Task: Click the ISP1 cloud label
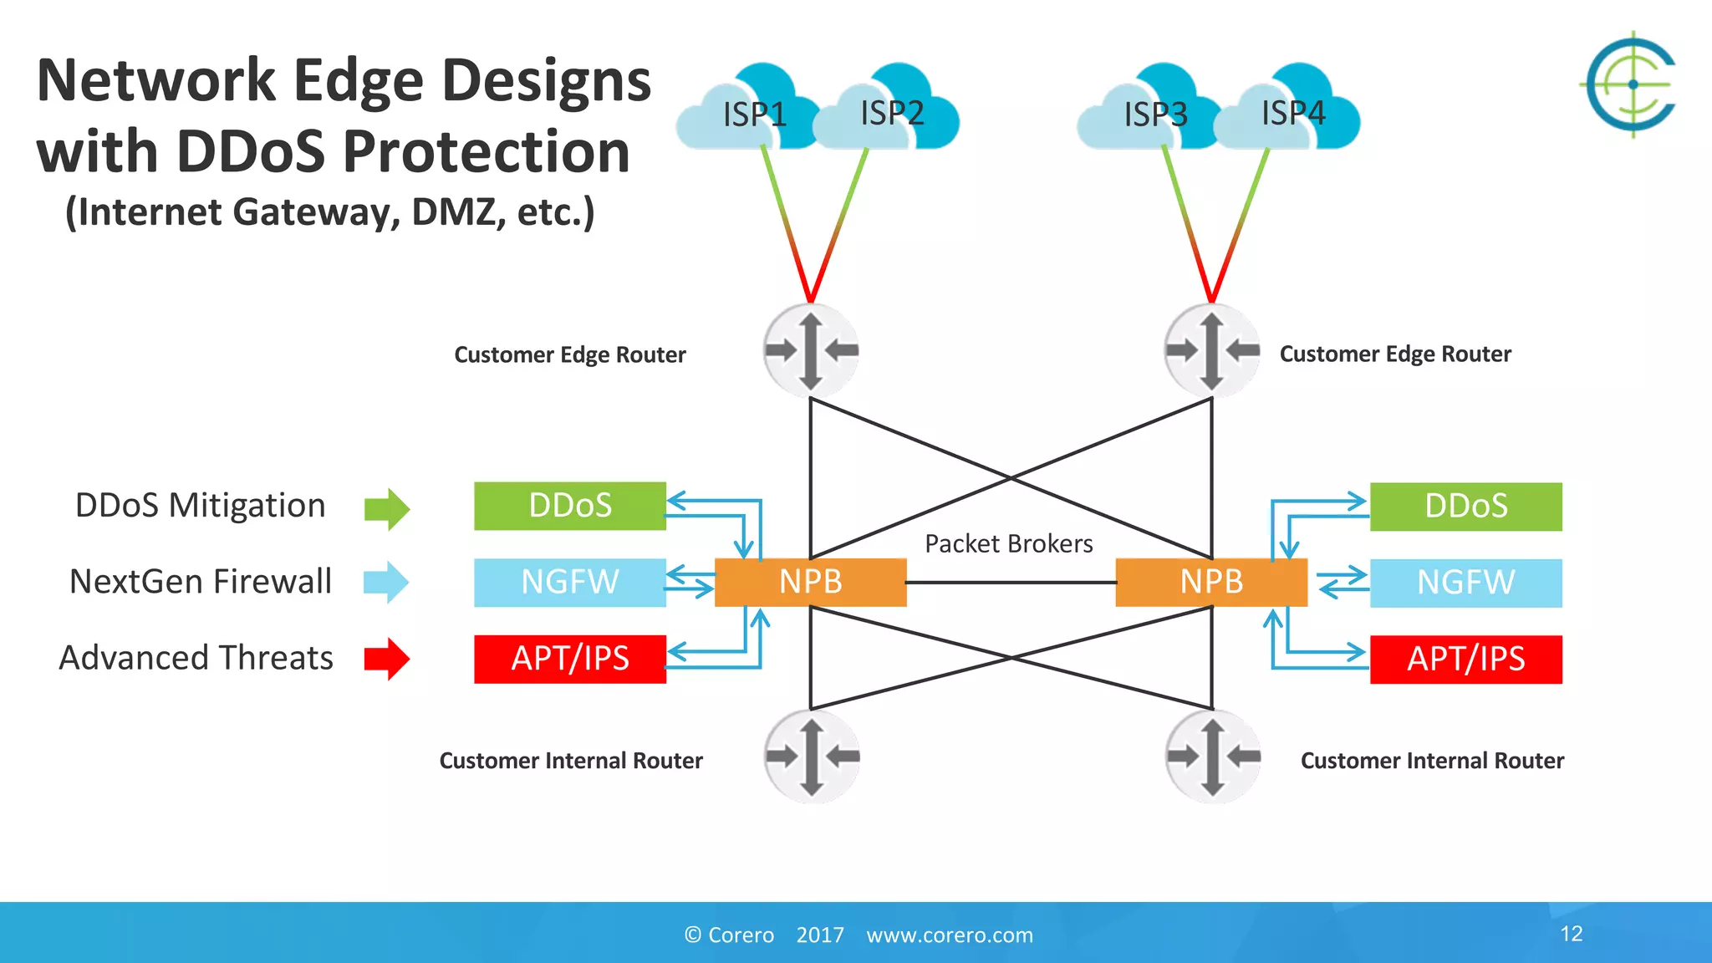point(754,115)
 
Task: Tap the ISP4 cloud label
point(1293,113)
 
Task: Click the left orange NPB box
point(810,582)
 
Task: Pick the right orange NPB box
point(1211,582)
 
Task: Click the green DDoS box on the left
point(570,506)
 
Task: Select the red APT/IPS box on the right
point(1465,659)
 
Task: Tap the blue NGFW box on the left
point(570,582)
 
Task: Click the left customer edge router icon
point(810,350)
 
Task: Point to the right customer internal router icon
point(1213,757)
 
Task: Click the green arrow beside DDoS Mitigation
point(387,509)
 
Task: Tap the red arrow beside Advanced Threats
point(387,659)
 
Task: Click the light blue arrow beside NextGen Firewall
point(386,582)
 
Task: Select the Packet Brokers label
point(1008,544)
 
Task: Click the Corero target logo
point(1632,84)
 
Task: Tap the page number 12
point(1571,934)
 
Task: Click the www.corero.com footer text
point(950,935)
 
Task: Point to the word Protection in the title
point(486,152)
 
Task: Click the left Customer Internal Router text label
point(571,761)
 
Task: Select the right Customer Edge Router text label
point(1395,354)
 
